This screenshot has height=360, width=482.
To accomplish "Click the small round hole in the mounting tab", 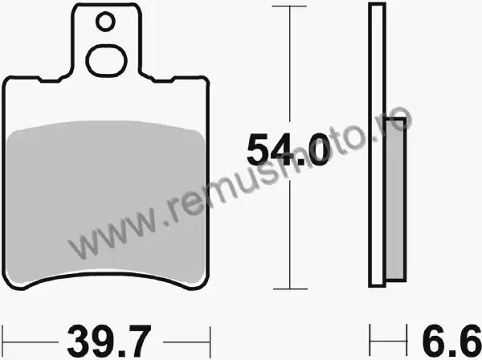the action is coord(105,22).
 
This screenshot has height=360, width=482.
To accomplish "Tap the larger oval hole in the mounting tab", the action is coord(106,60).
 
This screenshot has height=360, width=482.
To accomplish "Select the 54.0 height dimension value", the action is coord(288,150).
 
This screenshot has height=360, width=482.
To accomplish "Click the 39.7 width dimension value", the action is coord(109,341).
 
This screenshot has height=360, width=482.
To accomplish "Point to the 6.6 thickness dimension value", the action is coord(451,341).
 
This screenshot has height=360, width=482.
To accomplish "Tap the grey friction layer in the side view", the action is coord(395,199).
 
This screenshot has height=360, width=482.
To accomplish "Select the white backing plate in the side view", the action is coord(378,145).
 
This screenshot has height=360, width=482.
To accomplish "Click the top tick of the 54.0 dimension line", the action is coord(289,6).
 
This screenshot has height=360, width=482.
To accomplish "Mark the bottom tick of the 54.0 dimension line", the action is coord(290,289).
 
